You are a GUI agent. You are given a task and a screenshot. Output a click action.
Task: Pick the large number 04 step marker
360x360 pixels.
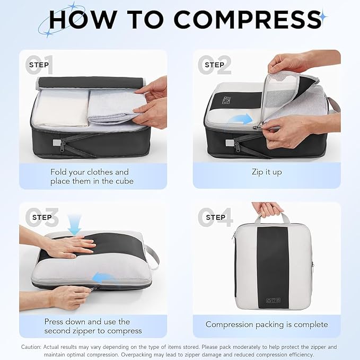tap(215, 217)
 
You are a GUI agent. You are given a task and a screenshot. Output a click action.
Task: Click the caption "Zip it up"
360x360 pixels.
tap(267, 172)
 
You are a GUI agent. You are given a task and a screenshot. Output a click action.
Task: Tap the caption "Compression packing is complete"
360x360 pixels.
tap(267, 324)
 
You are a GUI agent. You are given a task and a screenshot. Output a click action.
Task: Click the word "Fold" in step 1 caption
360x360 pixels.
tap(59, 172)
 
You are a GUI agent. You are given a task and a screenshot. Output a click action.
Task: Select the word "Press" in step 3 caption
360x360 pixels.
tap(56, 321)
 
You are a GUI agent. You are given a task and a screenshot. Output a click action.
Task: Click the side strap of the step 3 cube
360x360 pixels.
tap(153, 257)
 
